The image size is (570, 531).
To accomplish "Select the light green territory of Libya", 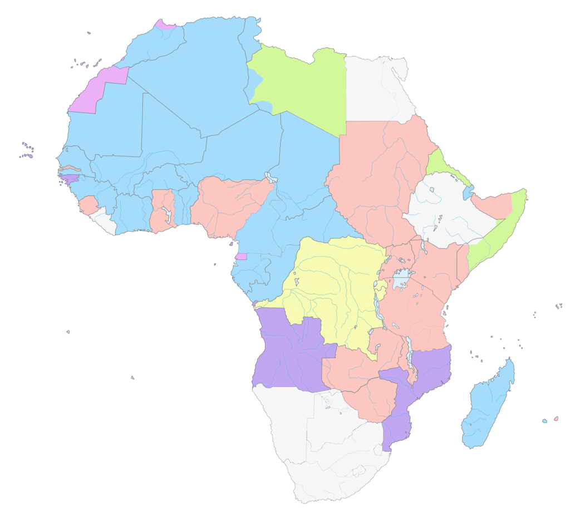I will pos(301,89).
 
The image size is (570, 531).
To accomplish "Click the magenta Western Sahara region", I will pos(95,95).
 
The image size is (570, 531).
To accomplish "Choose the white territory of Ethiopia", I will pos(445,212).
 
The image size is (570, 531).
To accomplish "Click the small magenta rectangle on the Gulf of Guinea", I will pos(241,257).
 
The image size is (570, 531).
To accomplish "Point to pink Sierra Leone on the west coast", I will pos(88,205).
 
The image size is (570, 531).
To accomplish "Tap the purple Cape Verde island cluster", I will pos(27,150).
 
